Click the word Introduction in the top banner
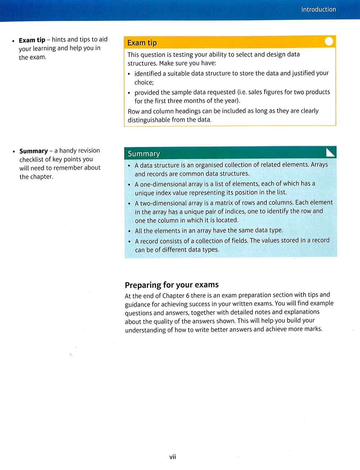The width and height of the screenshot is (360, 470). click(318, 9)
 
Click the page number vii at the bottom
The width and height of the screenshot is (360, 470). click(172, 457)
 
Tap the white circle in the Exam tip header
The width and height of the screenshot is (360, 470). click(329, 42)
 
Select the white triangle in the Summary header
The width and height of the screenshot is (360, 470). click(330, 153)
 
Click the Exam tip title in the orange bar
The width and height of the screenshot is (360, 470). click(142, 43)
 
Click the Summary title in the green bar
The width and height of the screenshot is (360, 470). click(144, 154)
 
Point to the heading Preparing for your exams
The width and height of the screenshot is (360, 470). click(171, 285)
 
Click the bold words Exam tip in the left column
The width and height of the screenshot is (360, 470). click(32, 40)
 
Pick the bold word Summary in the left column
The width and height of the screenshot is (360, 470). click(33, 151)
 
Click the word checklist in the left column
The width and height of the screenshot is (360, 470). click(31, 159)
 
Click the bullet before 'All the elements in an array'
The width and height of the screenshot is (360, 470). click(129, 231)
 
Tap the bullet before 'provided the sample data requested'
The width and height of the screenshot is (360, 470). click(129, 92)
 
